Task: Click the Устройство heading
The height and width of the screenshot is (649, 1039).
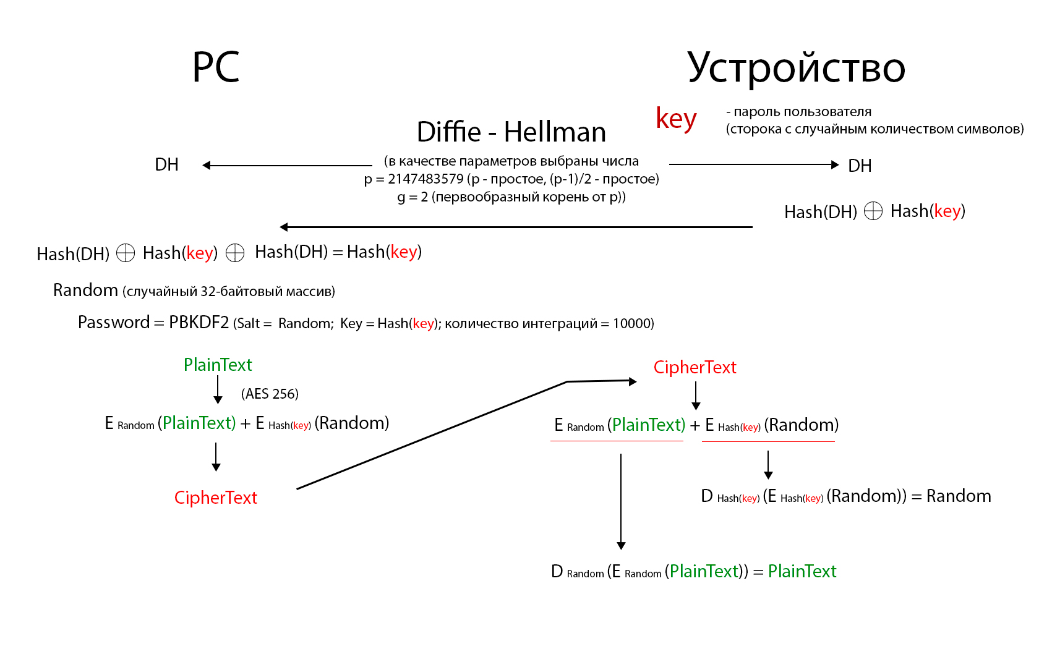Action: pyautogui.click(x=796, y=68)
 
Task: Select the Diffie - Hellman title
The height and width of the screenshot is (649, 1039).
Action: pyautogui.click(x=511, y=132)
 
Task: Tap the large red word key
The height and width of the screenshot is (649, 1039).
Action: pyautogui.click(x=676, y=119)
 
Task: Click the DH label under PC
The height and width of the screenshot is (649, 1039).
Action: pyautogui.click(x=166, y=165)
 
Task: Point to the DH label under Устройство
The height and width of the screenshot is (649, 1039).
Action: pyautogui.click(x=860, y=166)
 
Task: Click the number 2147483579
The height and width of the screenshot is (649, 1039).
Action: pyautogui.click(x=425, y=179)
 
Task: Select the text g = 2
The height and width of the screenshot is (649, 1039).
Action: pyautogui.click(x=413, y=197)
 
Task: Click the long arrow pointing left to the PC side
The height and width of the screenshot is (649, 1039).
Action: pyautogui.click(x=516, y=227)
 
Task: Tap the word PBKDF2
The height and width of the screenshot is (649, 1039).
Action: pyautogui.click(x=199, y=323)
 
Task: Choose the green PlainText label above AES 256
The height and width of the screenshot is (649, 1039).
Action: pyautogui.click(x=218, y=365)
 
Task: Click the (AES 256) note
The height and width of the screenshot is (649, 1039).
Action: pyautogui.click(x=270, y=394)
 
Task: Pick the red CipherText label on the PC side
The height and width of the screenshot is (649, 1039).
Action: pyautogui.click(x=215, y=498)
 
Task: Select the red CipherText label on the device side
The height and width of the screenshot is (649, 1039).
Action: pyautogui.click(x=695, y=367)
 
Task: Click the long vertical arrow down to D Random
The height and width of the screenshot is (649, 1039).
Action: pyautogui.click(x=621, y=501)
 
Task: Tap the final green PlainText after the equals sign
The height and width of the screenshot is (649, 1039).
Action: pyautogui.click(x=802, y=571)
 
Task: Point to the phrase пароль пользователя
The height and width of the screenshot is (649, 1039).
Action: pyautogui.click(x=802, y=112)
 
